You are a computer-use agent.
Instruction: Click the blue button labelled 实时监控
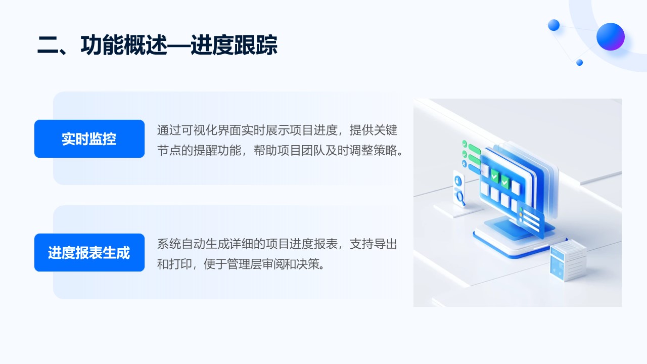[89, 139]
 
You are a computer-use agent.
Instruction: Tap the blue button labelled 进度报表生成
[89, 252]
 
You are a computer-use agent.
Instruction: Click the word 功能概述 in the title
[124, 45]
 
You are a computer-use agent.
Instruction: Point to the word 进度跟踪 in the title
[234, 45]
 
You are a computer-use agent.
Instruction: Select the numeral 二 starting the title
[48, 45]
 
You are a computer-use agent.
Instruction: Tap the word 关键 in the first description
[385, 130]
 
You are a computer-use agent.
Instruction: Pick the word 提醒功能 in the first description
[217, 150]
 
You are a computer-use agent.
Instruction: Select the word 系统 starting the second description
[169, 244]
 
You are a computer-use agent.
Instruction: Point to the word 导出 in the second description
[385, 244]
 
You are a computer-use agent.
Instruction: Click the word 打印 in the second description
[181, 264]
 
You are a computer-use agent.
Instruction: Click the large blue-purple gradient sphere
[610, 37]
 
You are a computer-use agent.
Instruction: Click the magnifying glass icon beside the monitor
[460, 198]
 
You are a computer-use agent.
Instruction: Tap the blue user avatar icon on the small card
[458, 181]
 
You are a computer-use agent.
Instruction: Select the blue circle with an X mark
[464, 164]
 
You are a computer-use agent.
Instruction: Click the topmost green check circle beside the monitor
[465, 144]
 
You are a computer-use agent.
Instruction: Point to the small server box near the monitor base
[568, 261]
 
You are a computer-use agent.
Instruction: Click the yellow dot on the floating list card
[521, 215]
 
